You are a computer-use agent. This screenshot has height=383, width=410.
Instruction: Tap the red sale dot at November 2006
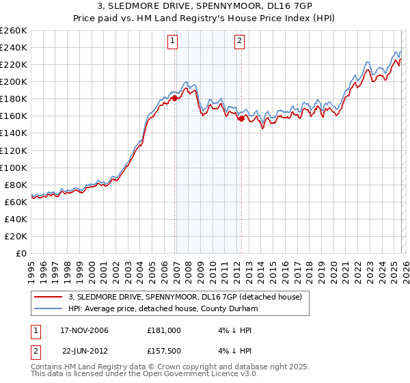click(175, 98)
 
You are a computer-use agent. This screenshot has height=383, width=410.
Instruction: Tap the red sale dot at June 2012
click(241, 118)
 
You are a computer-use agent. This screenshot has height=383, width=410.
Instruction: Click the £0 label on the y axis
click(23, 253)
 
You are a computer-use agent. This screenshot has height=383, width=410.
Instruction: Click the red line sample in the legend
click(49, 297)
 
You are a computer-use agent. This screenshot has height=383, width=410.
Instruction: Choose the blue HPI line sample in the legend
click(49, 308)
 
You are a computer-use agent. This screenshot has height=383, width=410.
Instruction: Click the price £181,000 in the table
click(164, 330)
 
